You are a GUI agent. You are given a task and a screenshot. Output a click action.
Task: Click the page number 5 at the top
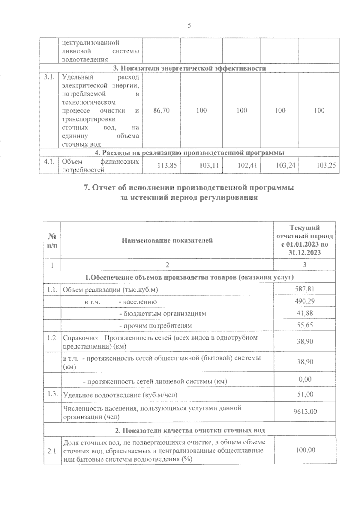click(x=189, y=25)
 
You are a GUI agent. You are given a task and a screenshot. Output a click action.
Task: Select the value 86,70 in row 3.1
click(x=161, y=111)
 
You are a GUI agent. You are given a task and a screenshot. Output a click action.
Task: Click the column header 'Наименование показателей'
click(x=167, y=240)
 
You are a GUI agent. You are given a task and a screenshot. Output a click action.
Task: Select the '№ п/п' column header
click(x=52, y=240)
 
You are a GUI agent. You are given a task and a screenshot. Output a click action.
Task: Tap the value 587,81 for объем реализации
click(x=304, y=289)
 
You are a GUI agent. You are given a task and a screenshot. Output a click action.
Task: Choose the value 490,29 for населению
click(x=304, y=301)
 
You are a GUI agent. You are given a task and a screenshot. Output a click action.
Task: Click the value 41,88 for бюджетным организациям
click(x=304, y=313)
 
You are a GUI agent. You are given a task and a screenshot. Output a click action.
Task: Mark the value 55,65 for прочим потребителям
click(x=304, y=325)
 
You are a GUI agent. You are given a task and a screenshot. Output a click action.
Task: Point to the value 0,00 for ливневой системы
click(x=305, y=379)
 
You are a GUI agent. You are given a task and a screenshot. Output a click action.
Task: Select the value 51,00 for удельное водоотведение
click(x=305, y=394)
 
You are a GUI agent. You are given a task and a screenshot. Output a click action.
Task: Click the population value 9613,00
click(x=305, y=412)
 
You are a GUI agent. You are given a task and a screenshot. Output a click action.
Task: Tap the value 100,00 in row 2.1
click(x=305, y=450)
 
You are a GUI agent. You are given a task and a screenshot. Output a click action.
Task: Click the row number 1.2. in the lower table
click(x=52, y=338)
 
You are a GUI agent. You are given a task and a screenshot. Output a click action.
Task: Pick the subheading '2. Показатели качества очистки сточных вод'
click(x=190, y=430)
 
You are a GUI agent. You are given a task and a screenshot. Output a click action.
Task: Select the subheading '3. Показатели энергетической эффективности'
click(x=190, y=68)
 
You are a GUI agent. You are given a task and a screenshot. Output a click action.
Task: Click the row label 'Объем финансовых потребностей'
click(x=100, y=166)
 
